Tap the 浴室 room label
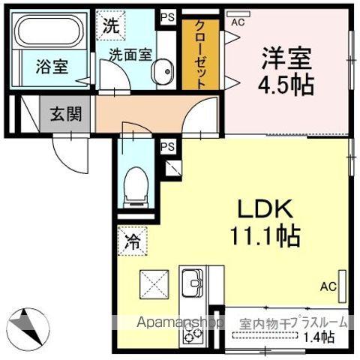click(51, 66)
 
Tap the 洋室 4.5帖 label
click(287, 69)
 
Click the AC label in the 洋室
click(238, 22)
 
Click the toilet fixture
click(136, 184)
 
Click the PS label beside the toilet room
click(167, 146)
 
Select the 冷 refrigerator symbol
click(132, 242)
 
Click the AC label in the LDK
click(328, 286)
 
